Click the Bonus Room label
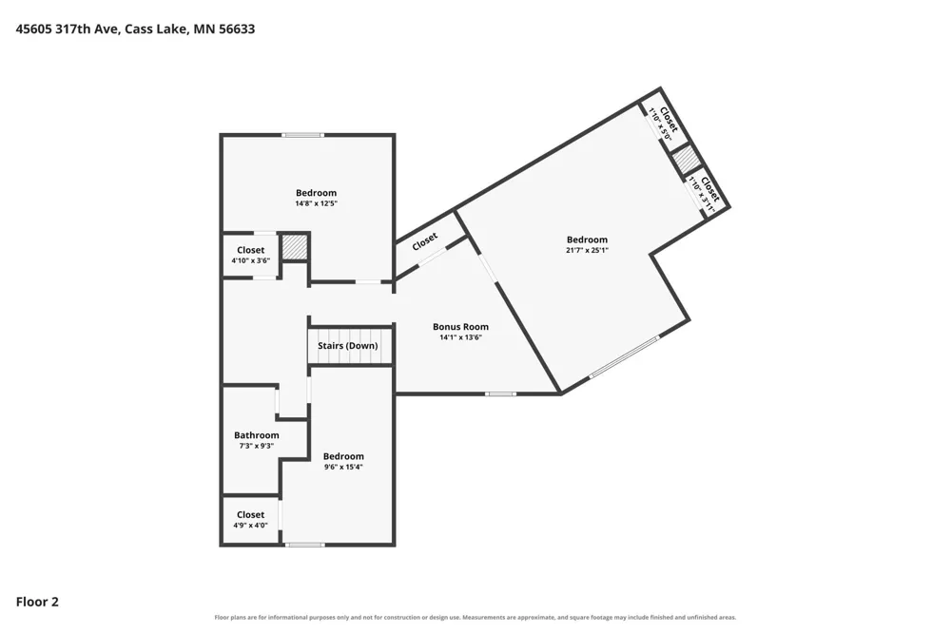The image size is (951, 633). [460, 327]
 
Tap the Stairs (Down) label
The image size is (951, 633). [347, 346]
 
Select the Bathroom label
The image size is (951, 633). [257, 435]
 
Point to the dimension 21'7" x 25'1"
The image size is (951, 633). [587, 250]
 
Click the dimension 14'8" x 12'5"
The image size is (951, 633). [316, 203]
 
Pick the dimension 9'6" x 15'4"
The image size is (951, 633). [343, 467]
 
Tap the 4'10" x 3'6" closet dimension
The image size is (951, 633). [250, 260]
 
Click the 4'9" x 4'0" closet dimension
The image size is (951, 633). [250, 526]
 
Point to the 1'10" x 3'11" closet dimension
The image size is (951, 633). [702, 195]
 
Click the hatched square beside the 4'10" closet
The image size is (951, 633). [295, 247]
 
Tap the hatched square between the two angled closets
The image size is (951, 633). [687, 159]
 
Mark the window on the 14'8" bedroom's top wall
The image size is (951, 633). [302, 135]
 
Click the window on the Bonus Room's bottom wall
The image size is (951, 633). [501, 394]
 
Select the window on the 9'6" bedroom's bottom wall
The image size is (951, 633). [305, 545]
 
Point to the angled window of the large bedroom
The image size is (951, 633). [624, 357]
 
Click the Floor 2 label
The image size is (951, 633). [37, 602]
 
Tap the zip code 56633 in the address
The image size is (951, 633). [237, 29]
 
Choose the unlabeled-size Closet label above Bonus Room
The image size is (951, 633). [424, 242]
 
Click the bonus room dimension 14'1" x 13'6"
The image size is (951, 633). [460, 337]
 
